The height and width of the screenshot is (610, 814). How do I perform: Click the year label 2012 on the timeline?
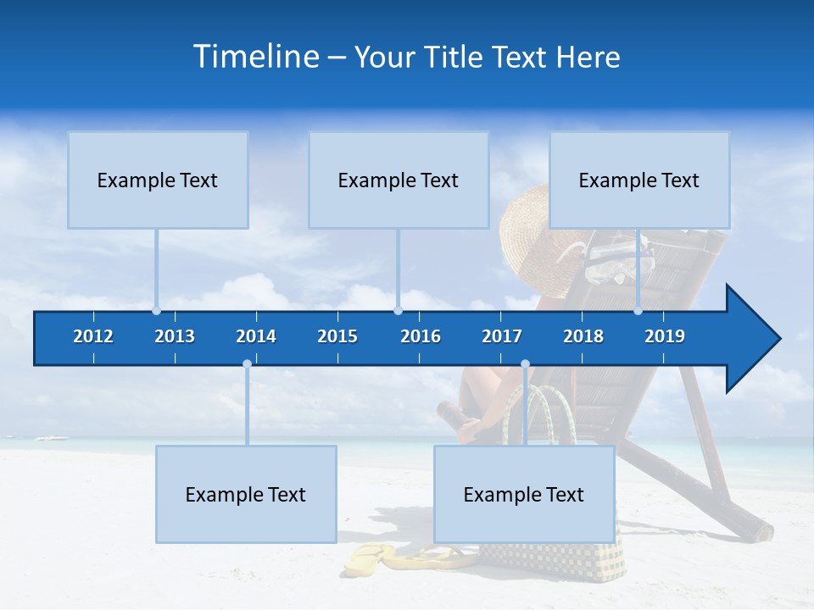tap(93, 336)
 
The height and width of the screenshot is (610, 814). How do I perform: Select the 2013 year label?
tap(175, 336)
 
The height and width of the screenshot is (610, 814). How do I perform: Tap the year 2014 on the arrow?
tap(256, 336)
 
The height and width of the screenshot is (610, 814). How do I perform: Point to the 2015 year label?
tap(337, 336)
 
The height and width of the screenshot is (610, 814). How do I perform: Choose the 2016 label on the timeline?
tap(421, 336)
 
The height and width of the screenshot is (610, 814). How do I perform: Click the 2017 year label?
tap(502, 336)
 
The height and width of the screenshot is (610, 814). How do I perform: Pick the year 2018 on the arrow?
tap(583, 336)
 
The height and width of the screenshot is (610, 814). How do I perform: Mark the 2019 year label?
tap(665, 336)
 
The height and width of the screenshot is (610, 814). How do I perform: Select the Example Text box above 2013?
tap(158, 180)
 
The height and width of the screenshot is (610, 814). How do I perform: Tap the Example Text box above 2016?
tap(399, 180)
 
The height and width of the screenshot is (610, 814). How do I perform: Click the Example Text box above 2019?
tap(639, 180)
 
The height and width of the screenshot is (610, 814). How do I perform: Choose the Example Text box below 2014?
tap(246, 494)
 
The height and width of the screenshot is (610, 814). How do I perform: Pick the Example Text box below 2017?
tap(524, 494)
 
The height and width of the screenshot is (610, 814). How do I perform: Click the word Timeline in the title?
tap(255, 57)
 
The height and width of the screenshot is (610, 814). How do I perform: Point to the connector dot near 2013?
tap(156, 311)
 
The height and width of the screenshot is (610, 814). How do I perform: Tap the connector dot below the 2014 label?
tap(247, 364)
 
